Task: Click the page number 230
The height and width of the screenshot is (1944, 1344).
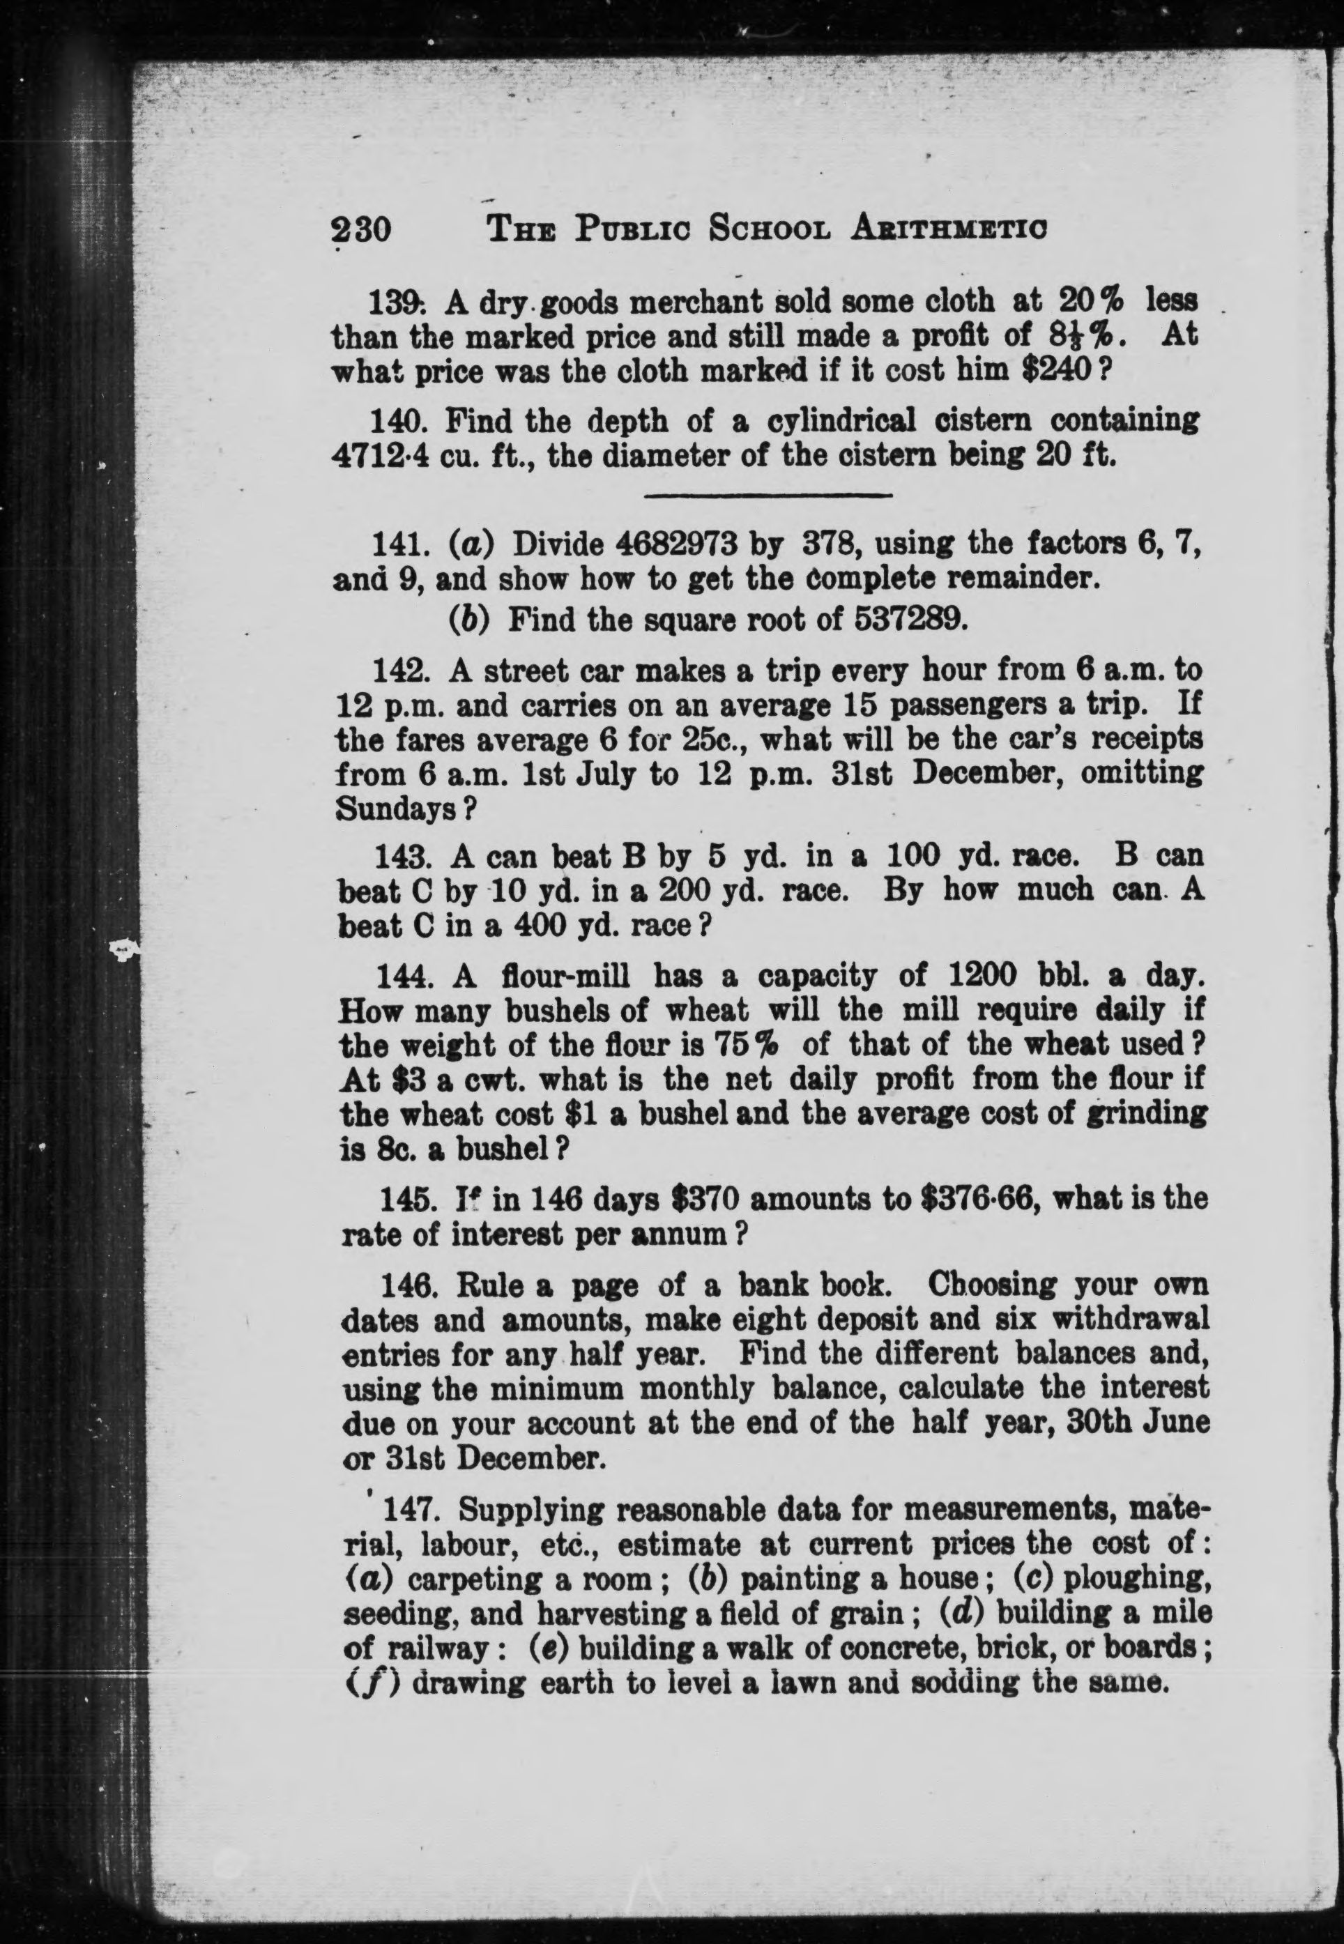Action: [362, 229]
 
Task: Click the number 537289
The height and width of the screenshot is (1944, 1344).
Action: [907, 620]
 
